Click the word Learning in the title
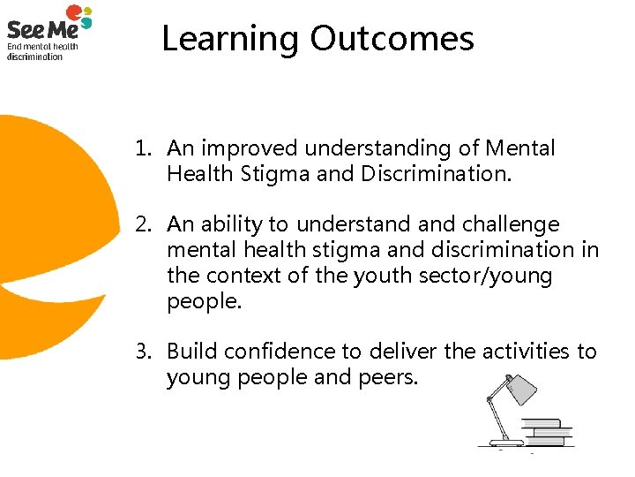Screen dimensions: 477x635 (230, 40)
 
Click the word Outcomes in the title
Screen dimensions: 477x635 (392, 39)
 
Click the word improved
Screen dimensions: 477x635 (243, 149)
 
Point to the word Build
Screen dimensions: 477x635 (192, 352)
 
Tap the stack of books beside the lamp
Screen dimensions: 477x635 (547, 431)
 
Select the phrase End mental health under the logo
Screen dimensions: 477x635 (42, 47)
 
